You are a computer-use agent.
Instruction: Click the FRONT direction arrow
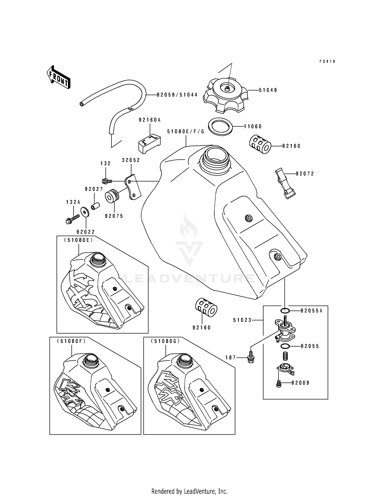(58, 77)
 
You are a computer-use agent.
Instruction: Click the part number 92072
(305, 174)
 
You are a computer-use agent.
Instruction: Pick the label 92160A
(150, 120)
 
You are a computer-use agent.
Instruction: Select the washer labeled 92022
(85, 212)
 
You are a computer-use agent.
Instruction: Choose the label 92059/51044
(177, 95)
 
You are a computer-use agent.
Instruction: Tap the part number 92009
(300, 383)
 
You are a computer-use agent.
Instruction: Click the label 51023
(242, 320)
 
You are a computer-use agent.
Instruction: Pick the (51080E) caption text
(78, 240)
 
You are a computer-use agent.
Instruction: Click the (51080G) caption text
(165, 341)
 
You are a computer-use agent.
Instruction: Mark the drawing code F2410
(327, 61)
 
